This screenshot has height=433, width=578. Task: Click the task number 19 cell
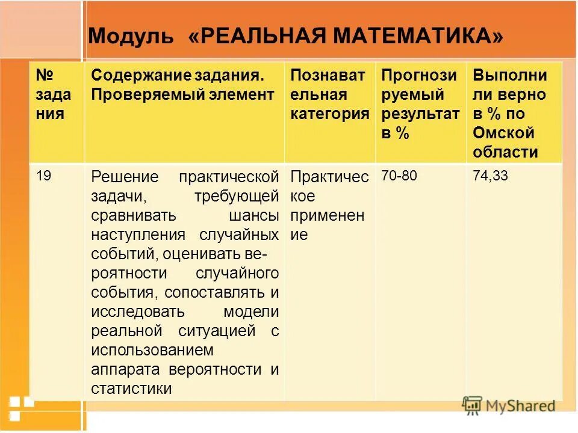43,176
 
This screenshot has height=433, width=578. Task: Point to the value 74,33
491,176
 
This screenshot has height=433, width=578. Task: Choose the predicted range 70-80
399,176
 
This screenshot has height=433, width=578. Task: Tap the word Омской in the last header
496,133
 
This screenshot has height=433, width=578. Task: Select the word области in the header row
505,152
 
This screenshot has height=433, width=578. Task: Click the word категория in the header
329,114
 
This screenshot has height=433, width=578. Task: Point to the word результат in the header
420,114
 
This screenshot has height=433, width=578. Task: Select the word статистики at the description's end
131,388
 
